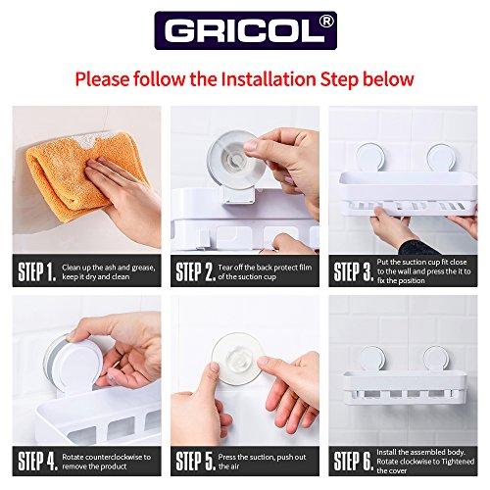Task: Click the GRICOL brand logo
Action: point(246,30)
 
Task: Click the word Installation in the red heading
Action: point(269,79)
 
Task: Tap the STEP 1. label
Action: point(37,271)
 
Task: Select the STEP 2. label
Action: point(195,271)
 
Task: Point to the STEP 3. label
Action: point(354,271)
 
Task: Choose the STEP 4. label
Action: point(38,461)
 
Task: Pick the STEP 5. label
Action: point(195,461)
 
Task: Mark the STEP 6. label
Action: point(354,461)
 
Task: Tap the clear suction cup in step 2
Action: point(236,162)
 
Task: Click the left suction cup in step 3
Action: point(368,158)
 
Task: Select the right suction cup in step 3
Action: point(441,158)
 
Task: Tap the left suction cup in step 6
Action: point(373,360)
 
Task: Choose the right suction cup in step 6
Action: point(436,360)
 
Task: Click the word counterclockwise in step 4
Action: point(110,457)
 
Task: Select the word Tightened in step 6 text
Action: point(456,462)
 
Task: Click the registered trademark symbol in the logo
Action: point(325,22)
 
